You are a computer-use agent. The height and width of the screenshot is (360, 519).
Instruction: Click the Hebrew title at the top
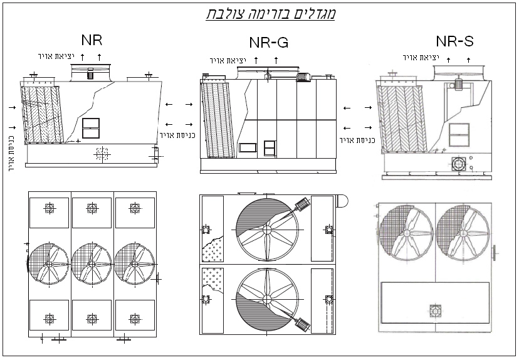click(271, 13)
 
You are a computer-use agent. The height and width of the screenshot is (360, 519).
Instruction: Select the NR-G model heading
click(268, 43)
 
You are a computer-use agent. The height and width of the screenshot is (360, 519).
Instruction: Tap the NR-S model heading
click(454, 41)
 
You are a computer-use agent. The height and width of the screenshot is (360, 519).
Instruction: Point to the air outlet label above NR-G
click(228, 60)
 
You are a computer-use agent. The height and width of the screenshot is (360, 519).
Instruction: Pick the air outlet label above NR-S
click(421, 58)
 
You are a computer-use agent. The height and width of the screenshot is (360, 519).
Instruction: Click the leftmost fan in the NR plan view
click(49, 265)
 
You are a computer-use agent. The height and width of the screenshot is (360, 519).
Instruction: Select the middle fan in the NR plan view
click(92, 265)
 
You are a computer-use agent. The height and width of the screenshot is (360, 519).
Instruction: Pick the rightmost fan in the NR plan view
click(134, 265)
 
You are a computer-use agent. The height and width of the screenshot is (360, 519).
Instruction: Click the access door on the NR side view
click(91, 128)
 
